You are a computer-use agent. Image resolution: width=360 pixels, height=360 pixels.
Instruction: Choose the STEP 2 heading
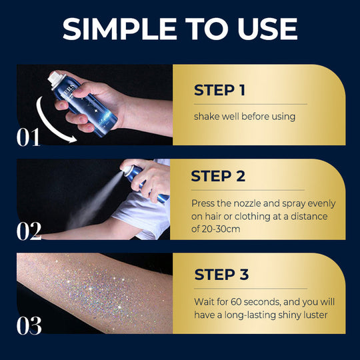coord(218,177)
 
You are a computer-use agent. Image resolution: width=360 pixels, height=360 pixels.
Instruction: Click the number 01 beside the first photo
coord(28,137)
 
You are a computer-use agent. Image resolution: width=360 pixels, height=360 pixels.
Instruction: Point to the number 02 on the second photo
coord(28,231)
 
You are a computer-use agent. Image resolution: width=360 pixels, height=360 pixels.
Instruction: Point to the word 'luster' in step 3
coord(311,313)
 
